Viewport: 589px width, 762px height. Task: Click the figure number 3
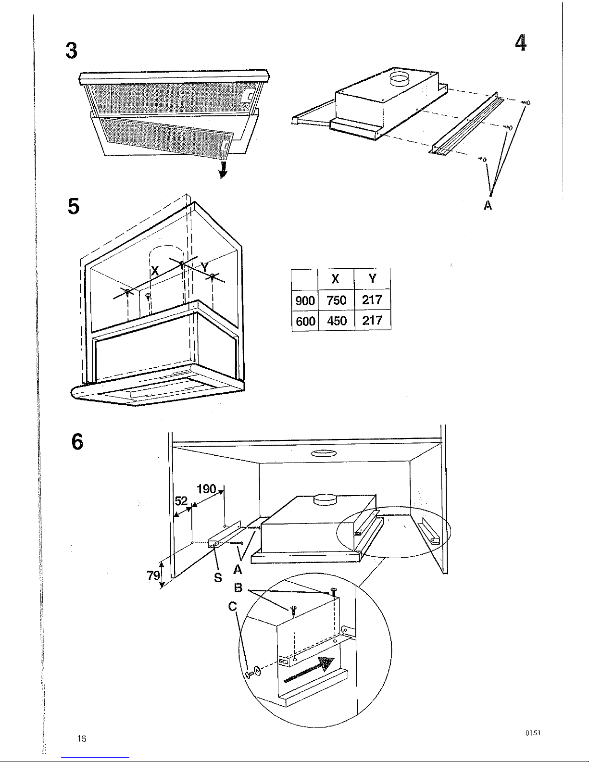click(x=72, y=50)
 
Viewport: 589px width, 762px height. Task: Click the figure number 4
click(x=521, y=43)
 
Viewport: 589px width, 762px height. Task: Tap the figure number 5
click(x=74, y=206)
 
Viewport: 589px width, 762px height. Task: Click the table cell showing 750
click(x=336, y=300)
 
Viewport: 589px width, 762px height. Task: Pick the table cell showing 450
click(x=337, y=321)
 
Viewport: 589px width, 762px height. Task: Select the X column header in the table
click(x=336, y=279)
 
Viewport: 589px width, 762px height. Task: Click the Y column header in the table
click(x=372, y=279)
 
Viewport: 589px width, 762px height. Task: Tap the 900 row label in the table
click(x=305, y=300)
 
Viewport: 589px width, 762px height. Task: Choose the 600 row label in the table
click(x=305, y=321)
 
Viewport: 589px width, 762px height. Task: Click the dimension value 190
click(x=206, y=489)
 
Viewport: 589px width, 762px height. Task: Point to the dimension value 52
click(x=181, y=501)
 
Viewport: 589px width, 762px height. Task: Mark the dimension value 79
click(x=153, y=575)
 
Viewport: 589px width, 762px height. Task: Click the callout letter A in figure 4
click(x=488, y=205)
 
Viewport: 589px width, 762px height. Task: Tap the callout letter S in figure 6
click(x=218, y=577)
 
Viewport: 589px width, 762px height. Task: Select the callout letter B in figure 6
click(x=238, y=587)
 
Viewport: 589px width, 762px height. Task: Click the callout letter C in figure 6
click(x=232, y=606)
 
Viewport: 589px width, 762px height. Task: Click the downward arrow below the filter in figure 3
click(x=223, y=170)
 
